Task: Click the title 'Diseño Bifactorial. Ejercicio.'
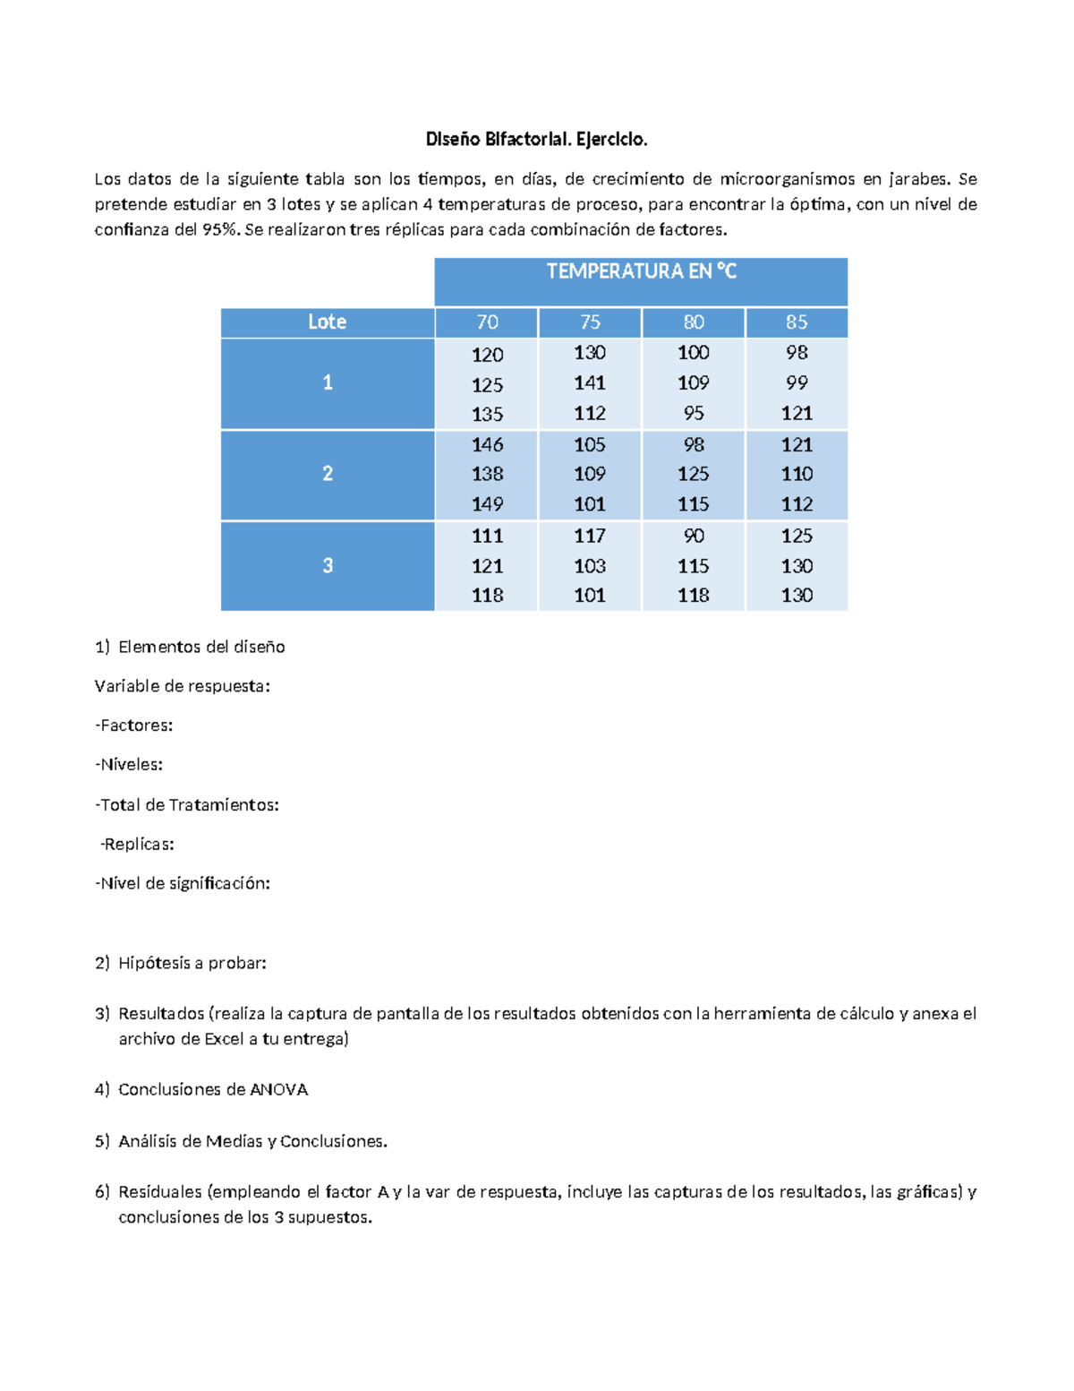click(536, 139)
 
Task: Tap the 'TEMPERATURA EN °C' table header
click(641, 271)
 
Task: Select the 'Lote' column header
click(327, 322)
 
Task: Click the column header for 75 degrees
click(590, 322)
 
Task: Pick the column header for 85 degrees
click(797, 322)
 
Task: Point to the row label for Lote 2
click(328, 474)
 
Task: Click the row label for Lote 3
click(328, 565)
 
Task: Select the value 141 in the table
click(590, 382)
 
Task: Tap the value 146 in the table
click(487, 444)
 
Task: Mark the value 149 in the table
click(487, 504)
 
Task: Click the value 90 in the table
click(694, 536)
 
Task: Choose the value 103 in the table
click(590, 566)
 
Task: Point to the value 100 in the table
click(694, 353)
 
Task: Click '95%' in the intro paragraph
click(220, 229)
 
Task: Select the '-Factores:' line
click(134, 726)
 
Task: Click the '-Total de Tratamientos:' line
click(187, 805)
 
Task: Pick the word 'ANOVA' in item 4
click(278, 1090)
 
